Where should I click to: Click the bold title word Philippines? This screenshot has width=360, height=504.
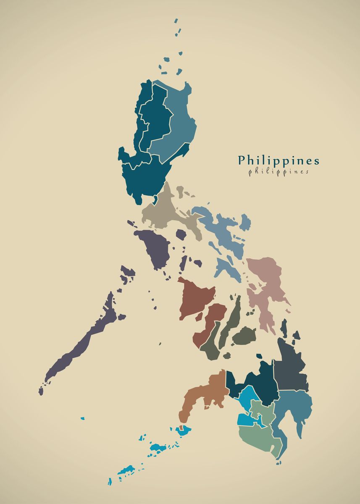[279, 161]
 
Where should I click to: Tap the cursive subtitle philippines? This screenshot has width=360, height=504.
[279, 172]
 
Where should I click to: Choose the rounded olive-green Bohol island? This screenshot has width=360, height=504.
[244, 336]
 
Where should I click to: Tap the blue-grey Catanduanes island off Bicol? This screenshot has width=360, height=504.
[245, 222]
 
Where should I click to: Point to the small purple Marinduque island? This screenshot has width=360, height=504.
[181, 234]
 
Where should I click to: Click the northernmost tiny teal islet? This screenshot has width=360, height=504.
[176, 21]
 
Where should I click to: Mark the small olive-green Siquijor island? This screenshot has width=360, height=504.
[227, 356]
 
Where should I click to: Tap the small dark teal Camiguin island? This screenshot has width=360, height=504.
[259, 356]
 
